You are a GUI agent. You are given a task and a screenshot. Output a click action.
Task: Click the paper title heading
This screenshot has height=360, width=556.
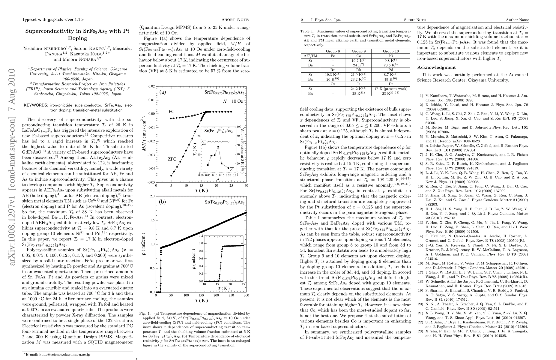pyautogui.click(x=77, y=34)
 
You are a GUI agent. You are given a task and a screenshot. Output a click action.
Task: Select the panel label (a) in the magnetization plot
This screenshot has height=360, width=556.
pyautogui.click(x=163, y=92)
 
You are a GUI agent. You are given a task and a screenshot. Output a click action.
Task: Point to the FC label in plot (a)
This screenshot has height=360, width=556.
pyautogui.click(x=171, y=112)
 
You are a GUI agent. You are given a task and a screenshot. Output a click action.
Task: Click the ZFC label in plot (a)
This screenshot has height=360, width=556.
pyautogui.click(x=172, y=159)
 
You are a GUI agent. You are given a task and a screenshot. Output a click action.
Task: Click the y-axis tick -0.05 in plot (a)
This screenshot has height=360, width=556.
pyautogui.click(x=151, y=182)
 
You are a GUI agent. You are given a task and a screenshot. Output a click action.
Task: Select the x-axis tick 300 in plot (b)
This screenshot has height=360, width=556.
pyautogui.click(x=246, y=295)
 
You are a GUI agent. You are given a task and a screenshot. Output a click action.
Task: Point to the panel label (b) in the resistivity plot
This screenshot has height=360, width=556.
pyautogui.click(x=163, y=202)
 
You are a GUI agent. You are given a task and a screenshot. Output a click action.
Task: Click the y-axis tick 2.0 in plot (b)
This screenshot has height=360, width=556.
pyautogui.click(x=152, y=196)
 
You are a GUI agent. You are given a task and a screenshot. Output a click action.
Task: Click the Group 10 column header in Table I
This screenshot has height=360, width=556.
pyautogui.click(x=391, y=51)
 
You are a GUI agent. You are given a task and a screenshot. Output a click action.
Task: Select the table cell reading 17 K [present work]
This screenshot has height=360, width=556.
pyautogui.click(x=391, y=89)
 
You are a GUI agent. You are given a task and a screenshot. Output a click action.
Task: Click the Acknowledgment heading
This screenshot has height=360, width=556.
pyautogui.click(x=436, y=67)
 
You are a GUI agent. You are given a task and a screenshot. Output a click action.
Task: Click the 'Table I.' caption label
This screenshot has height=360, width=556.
pyautogui.click(x=307, y=31)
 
